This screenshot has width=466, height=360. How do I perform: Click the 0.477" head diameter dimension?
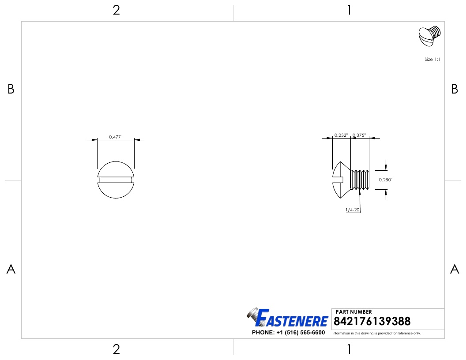[x=116, y=137]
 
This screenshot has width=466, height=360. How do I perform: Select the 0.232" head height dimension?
[x=341, y=135]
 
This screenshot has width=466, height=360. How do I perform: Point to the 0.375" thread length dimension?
[x=359, y=135]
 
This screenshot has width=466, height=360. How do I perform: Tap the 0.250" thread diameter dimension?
[x=385, y=180]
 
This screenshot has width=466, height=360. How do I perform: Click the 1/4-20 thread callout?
[x=353, y=210]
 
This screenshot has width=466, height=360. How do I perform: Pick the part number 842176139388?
[x=372, y=321]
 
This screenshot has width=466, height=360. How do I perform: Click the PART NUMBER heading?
[x=353, y=311]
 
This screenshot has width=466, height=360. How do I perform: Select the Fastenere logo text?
[x=292, y=318]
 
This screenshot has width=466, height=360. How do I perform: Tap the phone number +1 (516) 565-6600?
[x=301, y=332]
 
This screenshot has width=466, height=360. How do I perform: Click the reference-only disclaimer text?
[x=376, y=333]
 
